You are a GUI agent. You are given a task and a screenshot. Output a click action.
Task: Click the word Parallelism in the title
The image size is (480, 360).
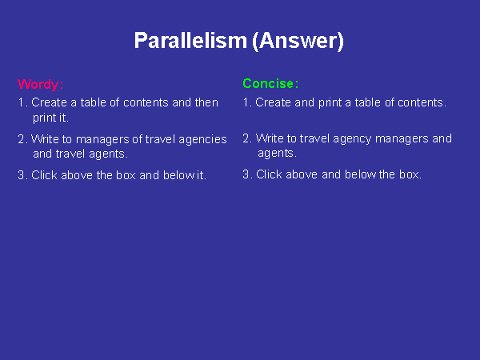190,41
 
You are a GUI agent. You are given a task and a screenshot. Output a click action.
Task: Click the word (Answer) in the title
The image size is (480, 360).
298,41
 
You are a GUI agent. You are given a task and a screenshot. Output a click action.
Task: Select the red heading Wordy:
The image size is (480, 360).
41,85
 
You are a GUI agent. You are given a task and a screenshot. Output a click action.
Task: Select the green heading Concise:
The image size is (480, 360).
270,83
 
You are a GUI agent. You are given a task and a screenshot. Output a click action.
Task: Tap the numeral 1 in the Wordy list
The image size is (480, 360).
21,102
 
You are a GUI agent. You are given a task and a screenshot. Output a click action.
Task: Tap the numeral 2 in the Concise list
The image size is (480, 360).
246,138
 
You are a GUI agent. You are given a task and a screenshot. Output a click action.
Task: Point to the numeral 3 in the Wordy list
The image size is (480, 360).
21,175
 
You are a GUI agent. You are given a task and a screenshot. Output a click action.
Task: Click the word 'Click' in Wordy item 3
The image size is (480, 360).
44,175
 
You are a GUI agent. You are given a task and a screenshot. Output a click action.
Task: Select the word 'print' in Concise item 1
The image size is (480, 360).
330,103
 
